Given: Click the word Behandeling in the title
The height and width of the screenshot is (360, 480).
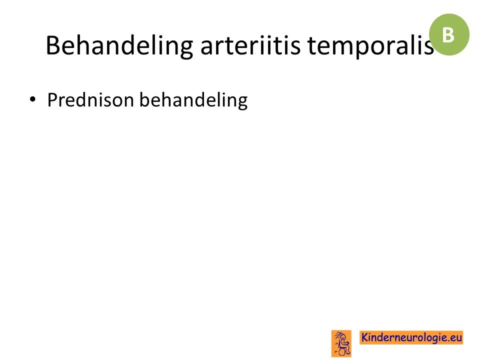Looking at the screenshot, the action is (x=119, y=46).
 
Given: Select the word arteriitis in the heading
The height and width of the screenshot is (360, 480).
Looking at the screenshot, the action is (x=250, y=45).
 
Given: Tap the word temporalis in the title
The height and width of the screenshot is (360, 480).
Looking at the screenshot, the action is (x=370, y=46).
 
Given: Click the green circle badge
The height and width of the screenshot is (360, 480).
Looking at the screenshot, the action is (x=449, y=34).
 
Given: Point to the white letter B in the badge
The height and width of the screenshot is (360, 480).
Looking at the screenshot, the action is (x=448, y=35).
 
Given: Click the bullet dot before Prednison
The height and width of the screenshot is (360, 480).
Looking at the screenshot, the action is (x=32, y=99).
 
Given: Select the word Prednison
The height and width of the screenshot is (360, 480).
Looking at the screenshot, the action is (x=90, y=100).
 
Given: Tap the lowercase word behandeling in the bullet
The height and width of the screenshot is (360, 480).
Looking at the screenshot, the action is (x=193, y=100).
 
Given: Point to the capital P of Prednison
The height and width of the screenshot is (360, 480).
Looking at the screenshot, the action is (x=52, y=100).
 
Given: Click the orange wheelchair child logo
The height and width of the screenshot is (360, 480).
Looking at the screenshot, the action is (x=341, y=343).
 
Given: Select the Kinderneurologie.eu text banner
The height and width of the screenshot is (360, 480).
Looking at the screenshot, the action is (x=411, y=337).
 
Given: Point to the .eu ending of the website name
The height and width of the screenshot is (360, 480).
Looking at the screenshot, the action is (x=454, y=338).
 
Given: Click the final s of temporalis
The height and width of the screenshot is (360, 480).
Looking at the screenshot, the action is (x=429, y=48).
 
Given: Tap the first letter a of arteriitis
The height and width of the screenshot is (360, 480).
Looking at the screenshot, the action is (x=206, y=48).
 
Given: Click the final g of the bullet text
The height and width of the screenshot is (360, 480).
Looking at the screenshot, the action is (x=242, y=103).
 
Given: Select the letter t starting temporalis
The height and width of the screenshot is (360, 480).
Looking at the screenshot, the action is (x=311, y=46).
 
